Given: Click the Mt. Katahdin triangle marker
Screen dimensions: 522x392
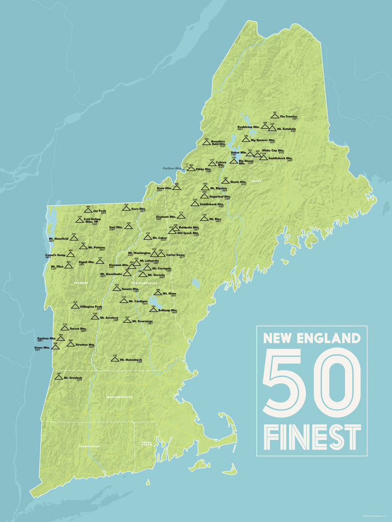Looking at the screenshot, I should (x=272, y=126).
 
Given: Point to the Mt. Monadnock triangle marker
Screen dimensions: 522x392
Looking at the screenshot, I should (x=114, y=359).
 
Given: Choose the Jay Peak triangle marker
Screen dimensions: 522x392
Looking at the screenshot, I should (x=88, y=211).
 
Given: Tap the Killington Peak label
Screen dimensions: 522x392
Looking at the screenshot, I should (x=91, y=307).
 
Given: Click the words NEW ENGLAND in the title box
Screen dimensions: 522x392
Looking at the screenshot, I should (x=312, y=338).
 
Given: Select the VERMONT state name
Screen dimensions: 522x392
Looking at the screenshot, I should (x=80, y=282).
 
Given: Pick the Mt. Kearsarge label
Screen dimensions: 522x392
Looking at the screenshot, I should (x=142, y=321).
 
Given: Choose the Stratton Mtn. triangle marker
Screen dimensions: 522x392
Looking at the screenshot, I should (x=70, y=343).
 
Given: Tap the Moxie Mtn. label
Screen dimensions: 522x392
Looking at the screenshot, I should (x=238, y=182).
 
